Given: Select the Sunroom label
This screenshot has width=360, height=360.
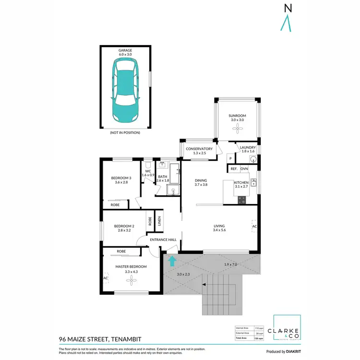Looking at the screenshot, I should (237, 116).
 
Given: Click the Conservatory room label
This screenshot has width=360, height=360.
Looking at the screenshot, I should (199, 149).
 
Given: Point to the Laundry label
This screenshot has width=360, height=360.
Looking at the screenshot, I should (248, 147).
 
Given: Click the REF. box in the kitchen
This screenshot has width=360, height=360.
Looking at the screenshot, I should (234, 169).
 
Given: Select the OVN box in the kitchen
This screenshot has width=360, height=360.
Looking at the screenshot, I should (244, 169).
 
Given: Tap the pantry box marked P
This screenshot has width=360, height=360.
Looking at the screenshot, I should (230, 158).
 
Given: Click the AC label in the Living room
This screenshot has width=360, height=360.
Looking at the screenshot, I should (254, 226).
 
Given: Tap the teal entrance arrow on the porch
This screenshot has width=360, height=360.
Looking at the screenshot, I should (172, 261).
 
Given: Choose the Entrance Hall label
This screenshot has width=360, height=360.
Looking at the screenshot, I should (163, 240).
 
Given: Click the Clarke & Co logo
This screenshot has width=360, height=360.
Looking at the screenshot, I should (287, 332).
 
